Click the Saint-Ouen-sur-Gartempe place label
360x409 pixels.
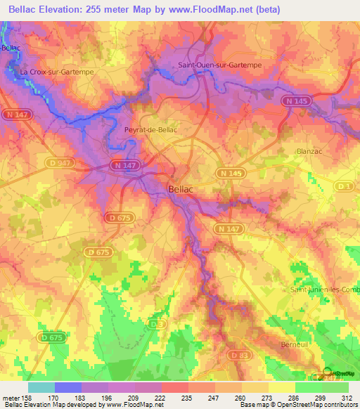pyautogui.click(x=220, y=65)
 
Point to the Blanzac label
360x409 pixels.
pyautogui.click(x=309, y=150)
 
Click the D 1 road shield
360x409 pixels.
pyautogui.click(x=345, y=186)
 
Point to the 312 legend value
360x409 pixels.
pyautogui.click(x=348, y=398)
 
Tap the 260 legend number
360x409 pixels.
pyautogui.click(x=241, y=398)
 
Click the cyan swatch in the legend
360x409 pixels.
pyautogui.click(x=41, y=387)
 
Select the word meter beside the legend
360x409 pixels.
pyautogui.click(x=11, y=398)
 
